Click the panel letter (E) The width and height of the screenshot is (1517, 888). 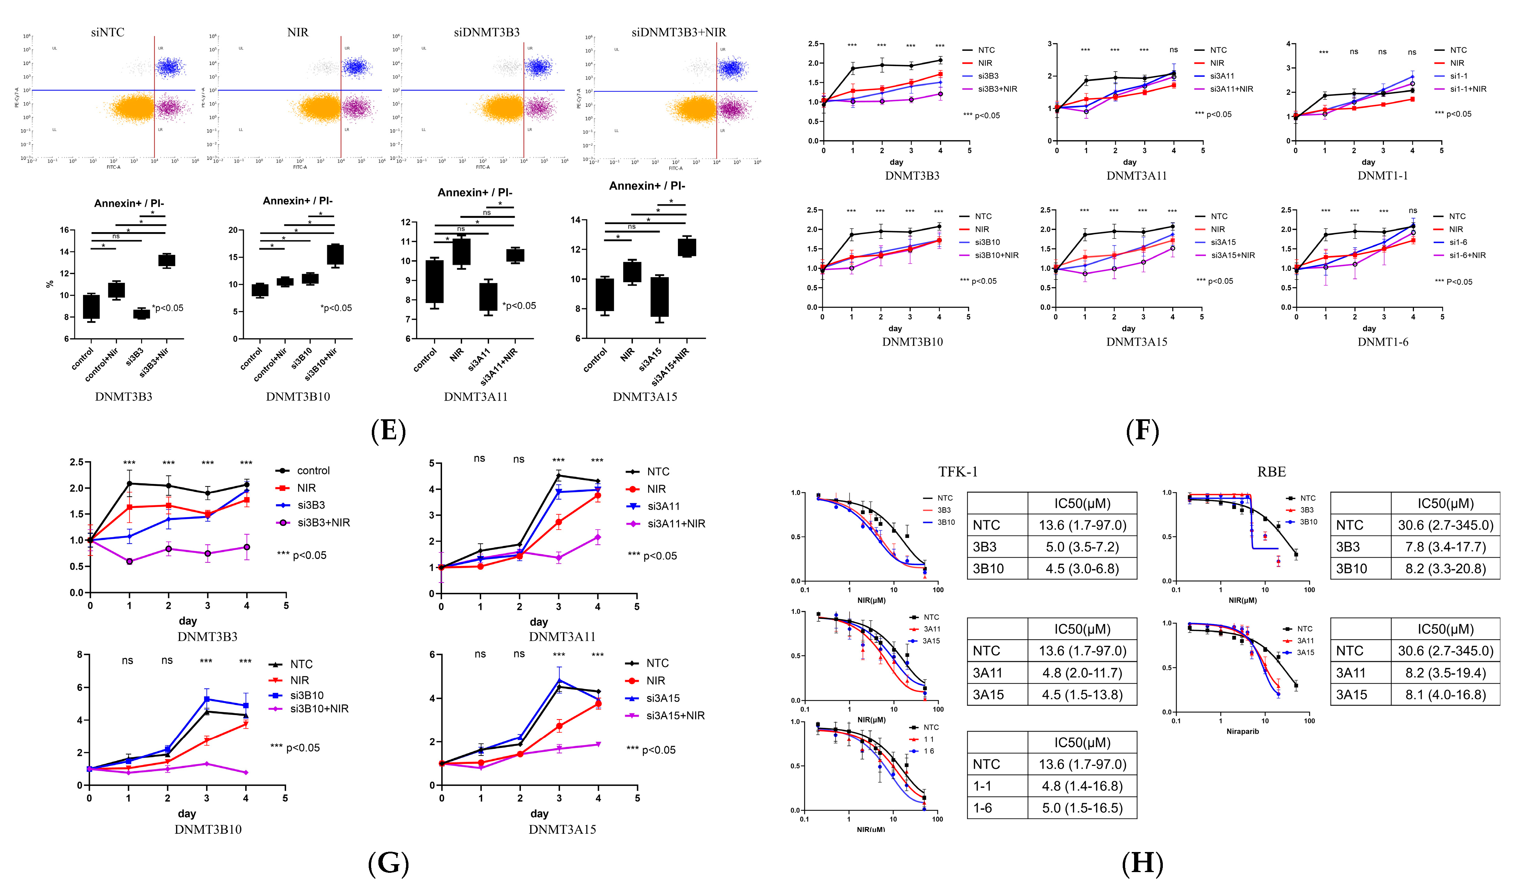coord(388,431)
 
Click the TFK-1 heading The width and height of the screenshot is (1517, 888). coord(958,472)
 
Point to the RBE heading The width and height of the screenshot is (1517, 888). coord(1271,472)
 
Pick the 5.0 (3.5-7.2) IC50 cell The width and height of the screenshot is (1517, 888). coord(1082,547)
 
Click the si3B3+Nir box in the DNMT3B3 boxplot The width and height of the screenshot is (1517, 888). coord(167,260)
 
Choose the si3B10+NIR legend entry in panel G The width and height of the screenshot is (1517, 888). coord(319,708)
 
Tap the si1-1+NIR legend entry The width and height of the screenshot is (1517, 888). coord(1468,89)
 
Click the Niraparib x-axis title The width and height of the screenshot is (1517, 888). coord(1242,731)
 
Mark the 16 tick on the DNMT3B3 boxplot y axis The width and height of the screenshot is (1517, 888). coord(64,230)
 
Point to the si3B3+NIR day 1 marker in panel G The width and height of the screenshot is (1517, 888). coord(129,561)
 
